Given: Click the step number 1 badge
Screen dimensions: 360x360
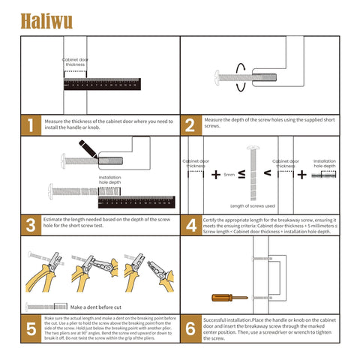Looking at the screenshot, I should click(x=30, y=125).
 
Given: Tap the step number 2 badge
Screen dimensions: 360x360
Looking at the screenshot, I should click(x=190, y=125).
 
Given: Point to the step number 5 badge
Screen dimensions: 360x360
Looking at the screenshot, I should click(x=30, y=328).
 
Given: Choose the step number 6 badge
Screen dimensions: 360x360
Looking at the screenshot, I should click(x=190, y=328).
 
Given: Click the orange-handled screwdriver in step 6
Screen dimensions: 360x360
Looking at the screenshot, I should click(x=229, y=297).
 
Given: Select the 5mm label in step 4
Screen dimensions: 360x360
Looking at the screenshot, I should click(x=229, y=174).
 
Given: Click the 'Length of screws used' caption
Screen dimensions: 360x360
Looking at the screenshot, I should click(x=252, y=205).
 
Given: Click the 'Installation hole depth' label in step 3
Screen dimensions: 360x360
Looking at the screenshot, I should click(x=109, y=179).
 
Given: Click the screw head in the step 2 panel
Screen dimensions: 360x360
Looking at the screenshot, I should click(x=220, y=76).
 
